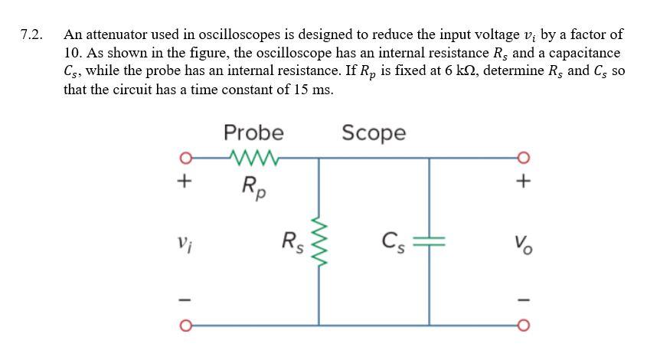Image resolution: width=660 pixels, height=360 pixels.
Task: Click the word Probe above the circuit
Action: point(253,133)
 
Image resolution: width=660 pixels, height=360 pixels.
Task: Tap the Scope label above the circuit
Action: point(374,133)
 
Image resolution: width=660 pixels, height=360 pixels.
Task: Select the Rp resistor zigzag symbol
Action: point(252,159)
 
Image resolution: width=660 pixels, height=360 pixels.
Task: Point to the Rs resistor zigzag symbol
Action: point(319,245)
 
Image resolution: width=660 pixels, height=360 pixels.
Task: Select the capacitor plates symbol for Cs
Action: point(429,245)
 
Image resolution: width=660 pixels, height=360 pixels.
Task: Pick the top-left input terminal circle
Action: point(183,159)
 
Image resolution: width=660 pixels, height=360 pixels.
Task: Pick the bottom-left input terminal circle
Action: point(183,329)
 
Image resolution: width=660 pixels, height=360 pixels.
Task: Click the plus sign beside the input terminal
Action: point(183,183)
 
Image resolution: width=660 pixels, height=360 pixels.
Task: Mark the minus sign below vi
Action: point(183,299)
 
